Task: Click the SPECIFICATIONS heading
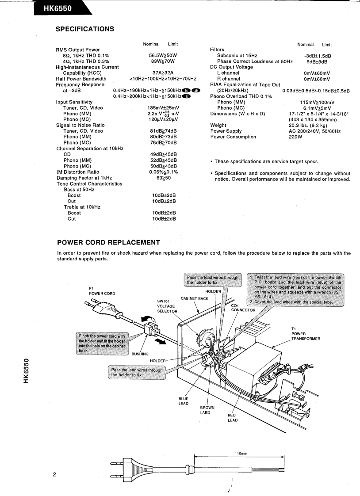[86, 29]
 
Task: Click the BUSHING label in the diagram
[140, 354]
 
